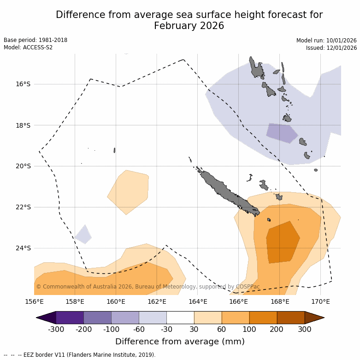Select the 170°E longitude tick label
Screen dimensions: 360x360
pyautogui.click(x=320, y=302)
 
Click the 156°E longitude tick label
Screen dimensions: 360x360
pyautogui.click(x=34, y=302)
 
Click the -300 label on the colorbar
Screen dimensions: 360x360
pyautogui.click(x=56, y=329)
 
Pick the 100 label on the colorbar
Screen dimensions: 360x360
pyautogui.click(x=249, y=329)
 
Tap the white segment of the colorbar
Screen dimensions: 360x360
pyautogui.click(x=180, y=318)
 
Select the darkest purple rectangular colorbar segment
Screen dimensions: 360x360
pyautogui.click(x=70, y=318)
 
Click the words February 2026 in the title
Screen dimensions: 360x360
pyautogui.click(x=189, y=26)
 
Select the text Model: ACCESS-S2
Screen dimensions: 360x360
pyautogui.click(x=28, y=47)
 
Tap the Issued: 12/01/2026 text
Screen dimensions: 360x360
pyautogui.click(x=331, y=48)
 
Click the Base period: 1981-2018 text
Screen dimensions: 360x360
pyautogui.click(x=35, y=40)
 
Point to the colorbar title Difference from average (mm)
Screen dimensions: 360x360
pyautogui.click(x=180, y=342)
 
